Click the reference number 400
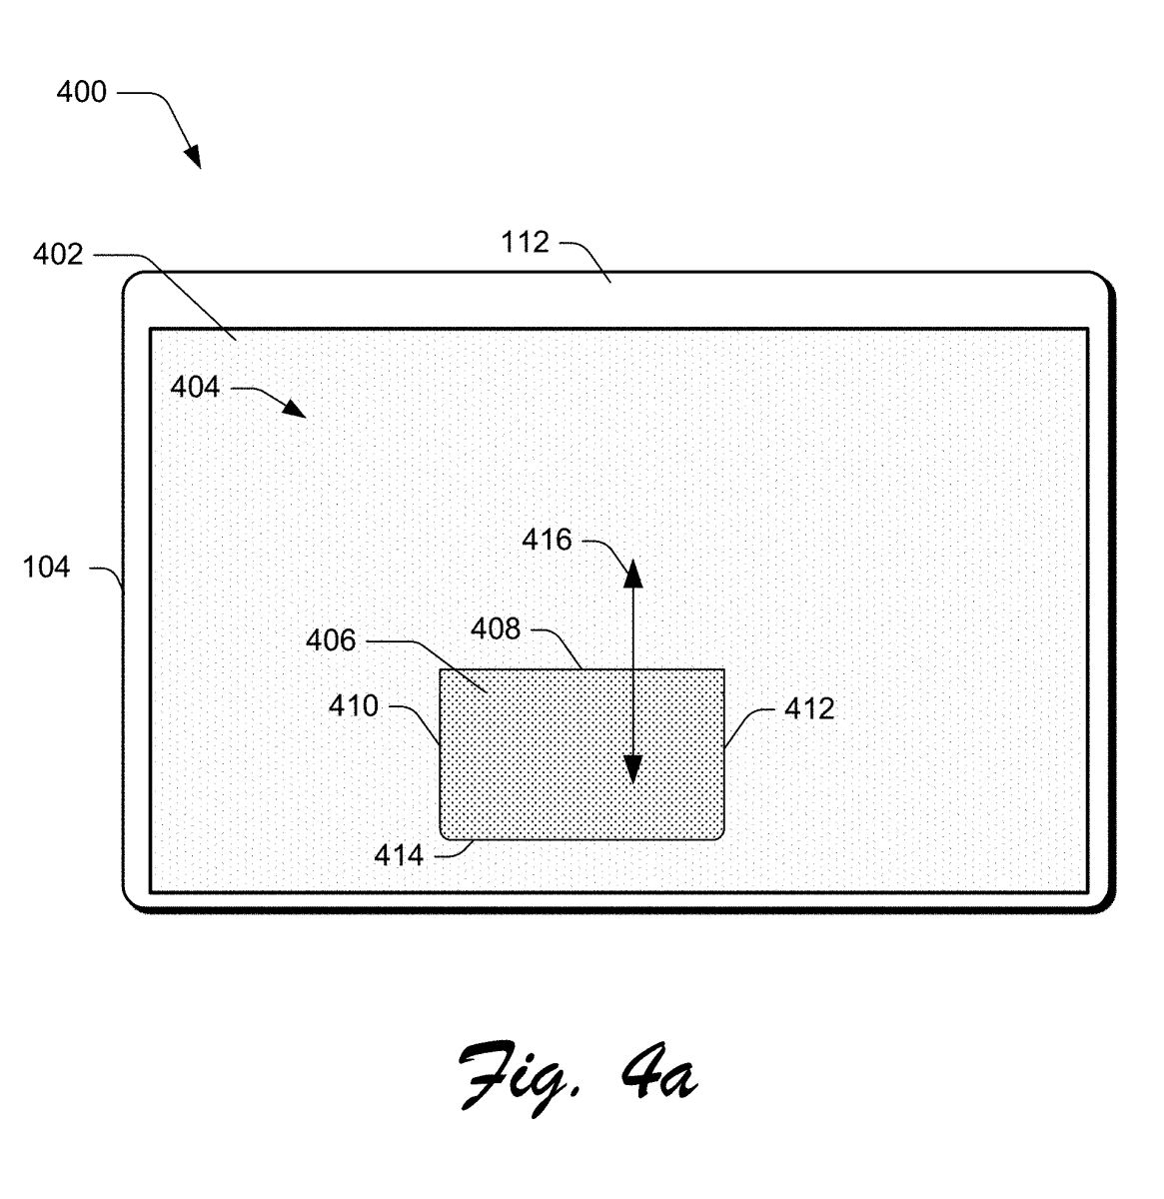(81, 92)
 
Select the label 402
(58, 255)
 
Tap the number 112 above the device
(525, 242)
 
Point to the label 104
(46, 567)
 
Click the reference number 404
(195, 387)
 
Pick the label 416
(547, 540)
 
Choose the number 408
(496, 629)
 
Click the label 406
(331, 640)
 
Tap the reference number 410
(353, 706)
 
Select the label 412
(809, 709)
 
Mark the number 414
(399, 856)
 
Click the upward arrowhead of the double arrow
(632, 574)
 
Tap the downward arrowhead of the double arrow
(632, 769)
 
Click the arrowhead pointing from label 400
(192, 156)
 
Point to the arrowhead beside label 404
(294, 408)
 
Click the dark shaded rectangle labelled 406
(582, 754)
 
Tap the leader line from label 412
(748, 728)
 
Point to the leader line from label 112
(586, 261)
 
